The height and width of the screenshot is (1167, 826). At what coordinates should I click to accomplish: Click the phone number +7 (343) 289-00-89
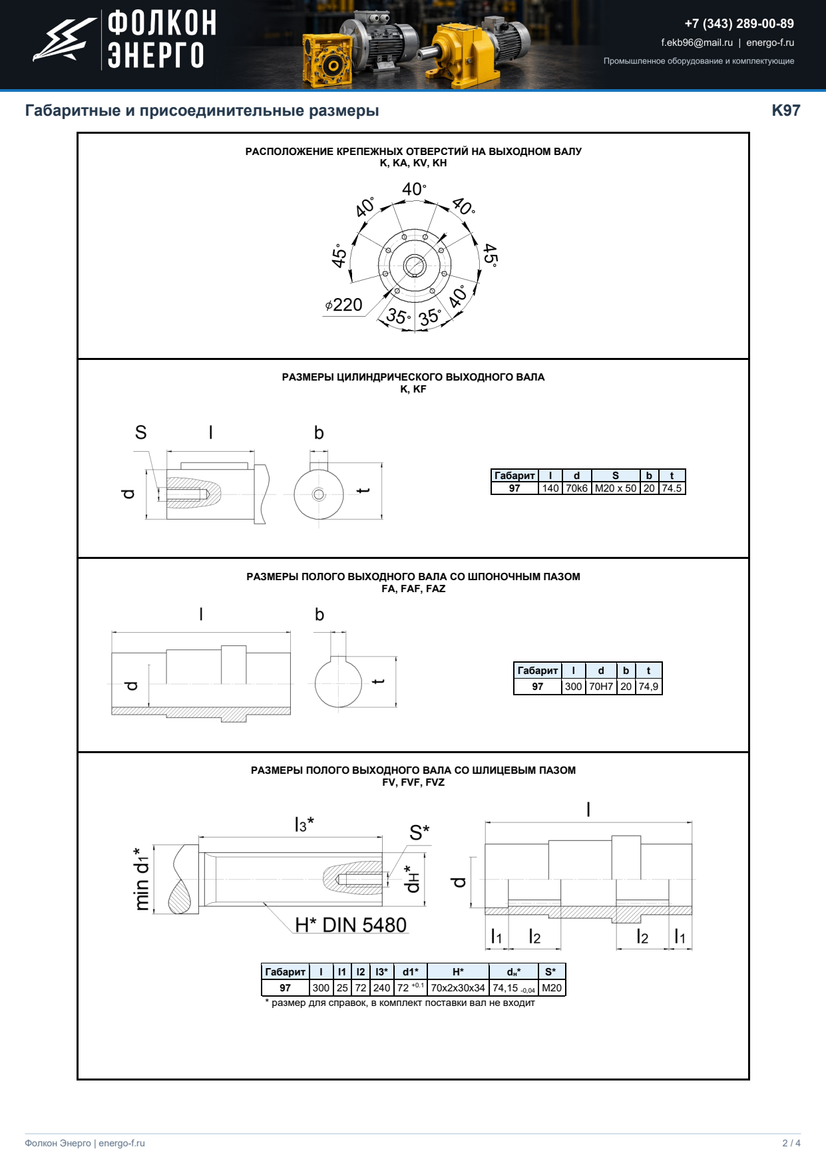(739, 24)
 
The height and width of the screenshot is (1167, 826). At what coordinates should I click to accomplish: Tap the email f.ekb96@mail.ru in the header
(697, 43)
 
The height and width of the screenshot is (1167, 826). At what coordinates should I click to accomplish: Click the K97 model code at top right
(786, 110)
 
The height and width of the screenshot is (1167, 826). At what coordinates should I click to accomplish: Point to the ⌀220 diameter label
(343, 305)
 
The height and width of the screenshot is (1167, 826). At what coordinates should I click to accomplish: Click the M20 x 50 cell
(616, 488)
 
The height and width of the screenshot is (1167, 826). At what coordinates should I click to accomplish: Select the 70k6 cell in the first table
(577, 488)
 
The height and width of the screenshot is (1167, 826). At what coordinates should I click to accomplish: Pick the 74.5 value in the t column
(672, 488)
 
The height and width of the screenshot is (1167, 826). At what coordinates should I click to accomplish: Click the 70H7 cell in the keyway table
(601, 687)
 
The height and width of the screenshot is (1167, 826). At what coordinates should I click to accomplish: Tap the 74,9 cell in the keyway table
(648, 687)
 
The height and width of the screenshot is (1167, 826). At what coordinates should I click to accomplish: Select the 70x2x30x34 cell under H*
(458, 988)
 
